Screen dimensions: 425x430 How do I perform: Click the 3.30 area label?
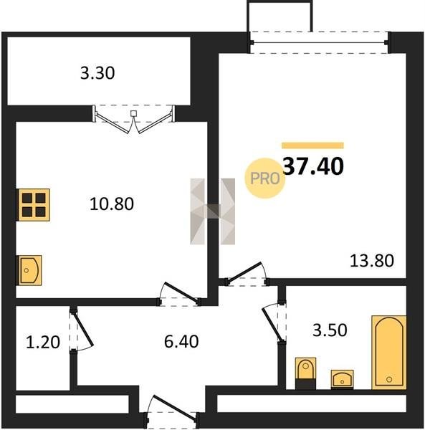tap(97, 73)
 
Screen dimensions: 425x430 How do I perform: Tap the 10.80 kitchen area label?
tap(112, 204)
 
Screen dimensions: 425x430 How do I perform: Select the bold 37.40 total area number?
tap(313, 166)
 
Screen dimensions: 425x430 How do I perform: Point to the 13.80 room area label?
tap(372, 261)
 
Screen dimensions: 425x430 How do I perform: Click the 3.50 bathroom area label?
tap(330, 330)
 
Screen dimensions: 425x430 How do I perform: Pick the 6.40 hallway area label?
tap(181, 342)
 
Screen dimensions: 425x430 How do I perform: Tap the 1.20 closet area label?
tap(43, 343)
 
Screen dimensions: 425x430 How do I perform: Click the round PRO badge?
tap(265, 178)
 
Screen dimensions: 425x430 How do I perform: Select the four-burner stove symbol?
tap(34, 204)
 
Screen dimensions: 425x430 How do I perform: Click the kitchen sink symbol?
tap(30, 270)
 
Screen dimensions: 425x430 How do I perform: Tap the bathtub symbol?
tap(389, 352)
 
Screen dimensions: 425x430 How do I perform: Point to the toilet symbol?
tap(305, 373)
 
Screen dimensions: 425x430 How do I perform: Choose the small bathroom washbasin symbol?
tap(342, 379)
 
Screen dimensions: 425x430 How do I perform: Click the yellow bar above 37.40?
tap(313, 145)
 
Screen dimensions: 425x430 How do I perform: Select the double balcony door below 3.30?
tap(133, 119)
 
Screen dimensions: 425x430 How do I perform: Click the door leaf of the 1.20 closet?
tap(83, 328)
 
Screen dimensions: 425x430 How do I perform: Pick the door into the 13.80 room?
tap(245, 272)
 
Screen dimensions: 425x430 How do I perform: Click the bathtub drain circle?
tap(389, 379)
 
